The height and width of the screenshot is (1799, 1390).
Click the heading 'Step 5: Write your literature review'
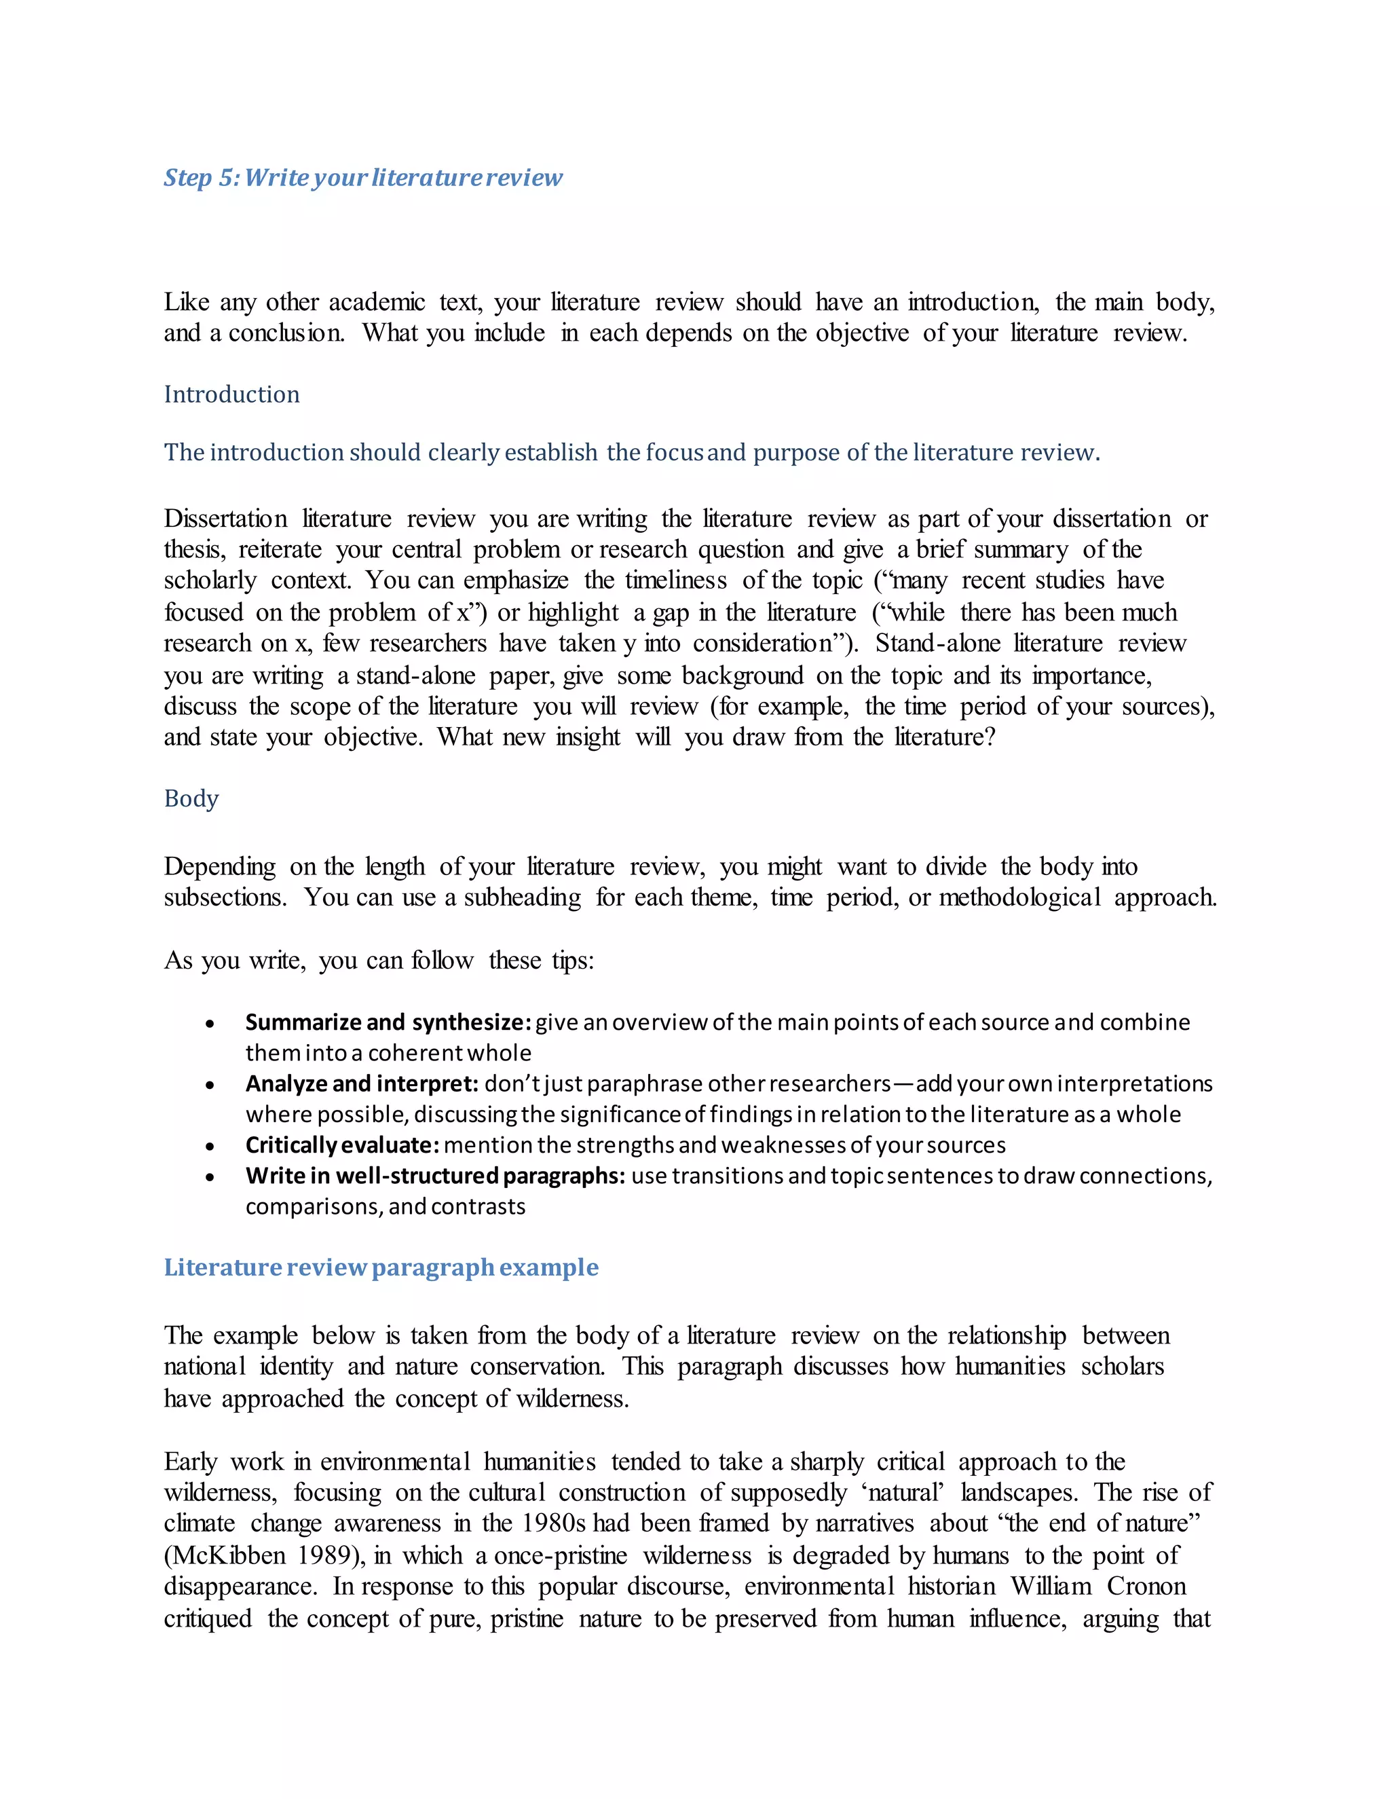(362, 178)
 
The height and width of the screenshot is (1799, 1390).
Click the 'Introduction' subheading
(231, 394)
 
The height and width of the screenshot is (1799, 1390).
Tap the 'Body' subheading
(191, 799)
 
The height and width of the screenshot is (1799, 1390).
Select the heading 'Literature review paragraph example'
(381, 1267)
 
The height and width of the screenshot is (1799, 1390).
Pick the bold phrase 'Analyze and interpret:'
(362, 1084)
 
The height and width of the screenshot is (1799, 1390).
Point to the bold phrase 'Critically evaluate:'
(342, 1145)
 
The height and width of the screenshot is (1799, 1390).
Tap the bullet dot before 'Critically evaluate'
(211, 1147)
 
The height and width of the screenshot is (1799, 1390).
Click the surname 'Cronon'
(1146, 1587)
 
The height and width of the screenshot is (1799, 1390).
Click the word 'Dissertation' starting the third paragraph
(225, 519)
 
